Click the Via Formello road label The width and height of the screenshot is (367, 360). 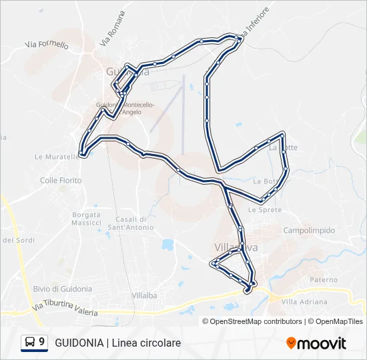[x=47, y=45]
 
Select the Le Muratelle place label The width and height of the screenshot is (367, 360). [x=53, y=157]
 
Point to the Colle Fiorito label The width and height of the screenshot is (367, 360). [x=61, y=181]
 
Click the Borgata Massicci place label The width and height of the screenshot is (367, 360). [x=87, y=219]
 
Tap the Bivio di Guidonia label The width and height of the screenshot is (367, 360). [x=62, y=289]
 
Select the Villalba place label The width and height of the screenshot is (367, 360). [x=143, y=295]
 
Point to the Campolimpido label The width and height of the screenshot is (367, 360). [x=309, y=231]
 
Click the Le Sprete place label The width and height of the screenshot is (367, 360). [x=261, y=209]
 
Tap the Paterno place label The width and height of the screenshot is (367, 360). [x=324, y=280]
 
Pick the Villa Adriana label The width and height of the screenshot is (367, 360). [x=304, y=301]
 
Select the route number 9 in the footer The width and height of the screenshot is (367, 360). [x=42, y=343]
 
